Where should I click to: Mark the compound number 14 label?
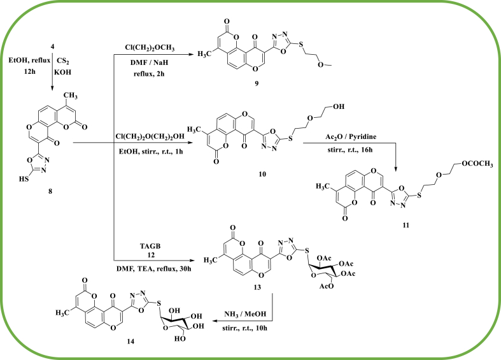click(x=148, y=343)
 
